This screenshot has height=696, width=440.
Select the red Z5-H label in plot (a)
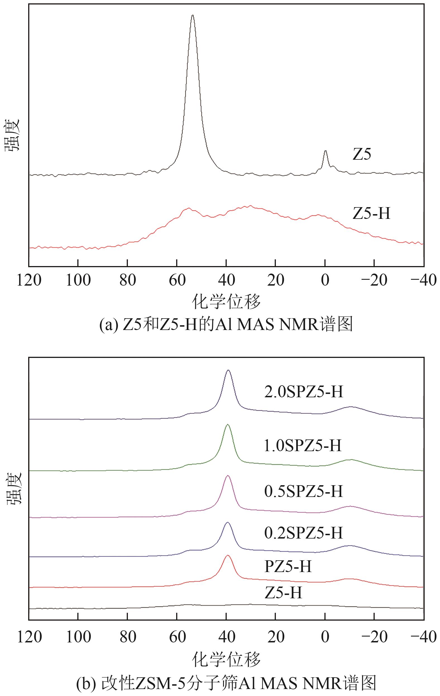click(372, 214)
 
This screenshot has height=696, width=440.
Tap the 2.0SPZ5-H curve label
click(303, 392)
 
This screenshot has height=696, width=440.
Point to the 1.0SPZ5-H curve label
click(303, 445)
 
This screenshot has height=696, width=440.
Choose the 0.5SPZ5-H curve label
click(303, 491)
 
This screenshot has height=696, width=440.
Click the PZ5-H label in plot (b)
click(288, 566)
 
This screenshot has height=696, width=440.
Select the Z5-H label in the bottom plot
click(283, 592)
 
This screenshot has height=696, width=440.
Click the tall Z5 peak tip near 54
click(193, 15)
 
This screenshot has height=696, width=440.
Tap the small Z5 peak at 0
click(326, 150)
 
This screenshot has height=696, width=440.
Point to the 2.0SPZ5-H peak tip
click(228, 370)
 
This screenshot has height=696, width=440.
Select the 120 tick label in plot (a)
click(29, 280)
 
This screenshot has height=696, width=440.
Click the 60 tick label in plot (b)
click(177, 637)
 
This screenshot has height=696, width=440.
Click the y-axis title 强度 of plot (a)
click(13, 135)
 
